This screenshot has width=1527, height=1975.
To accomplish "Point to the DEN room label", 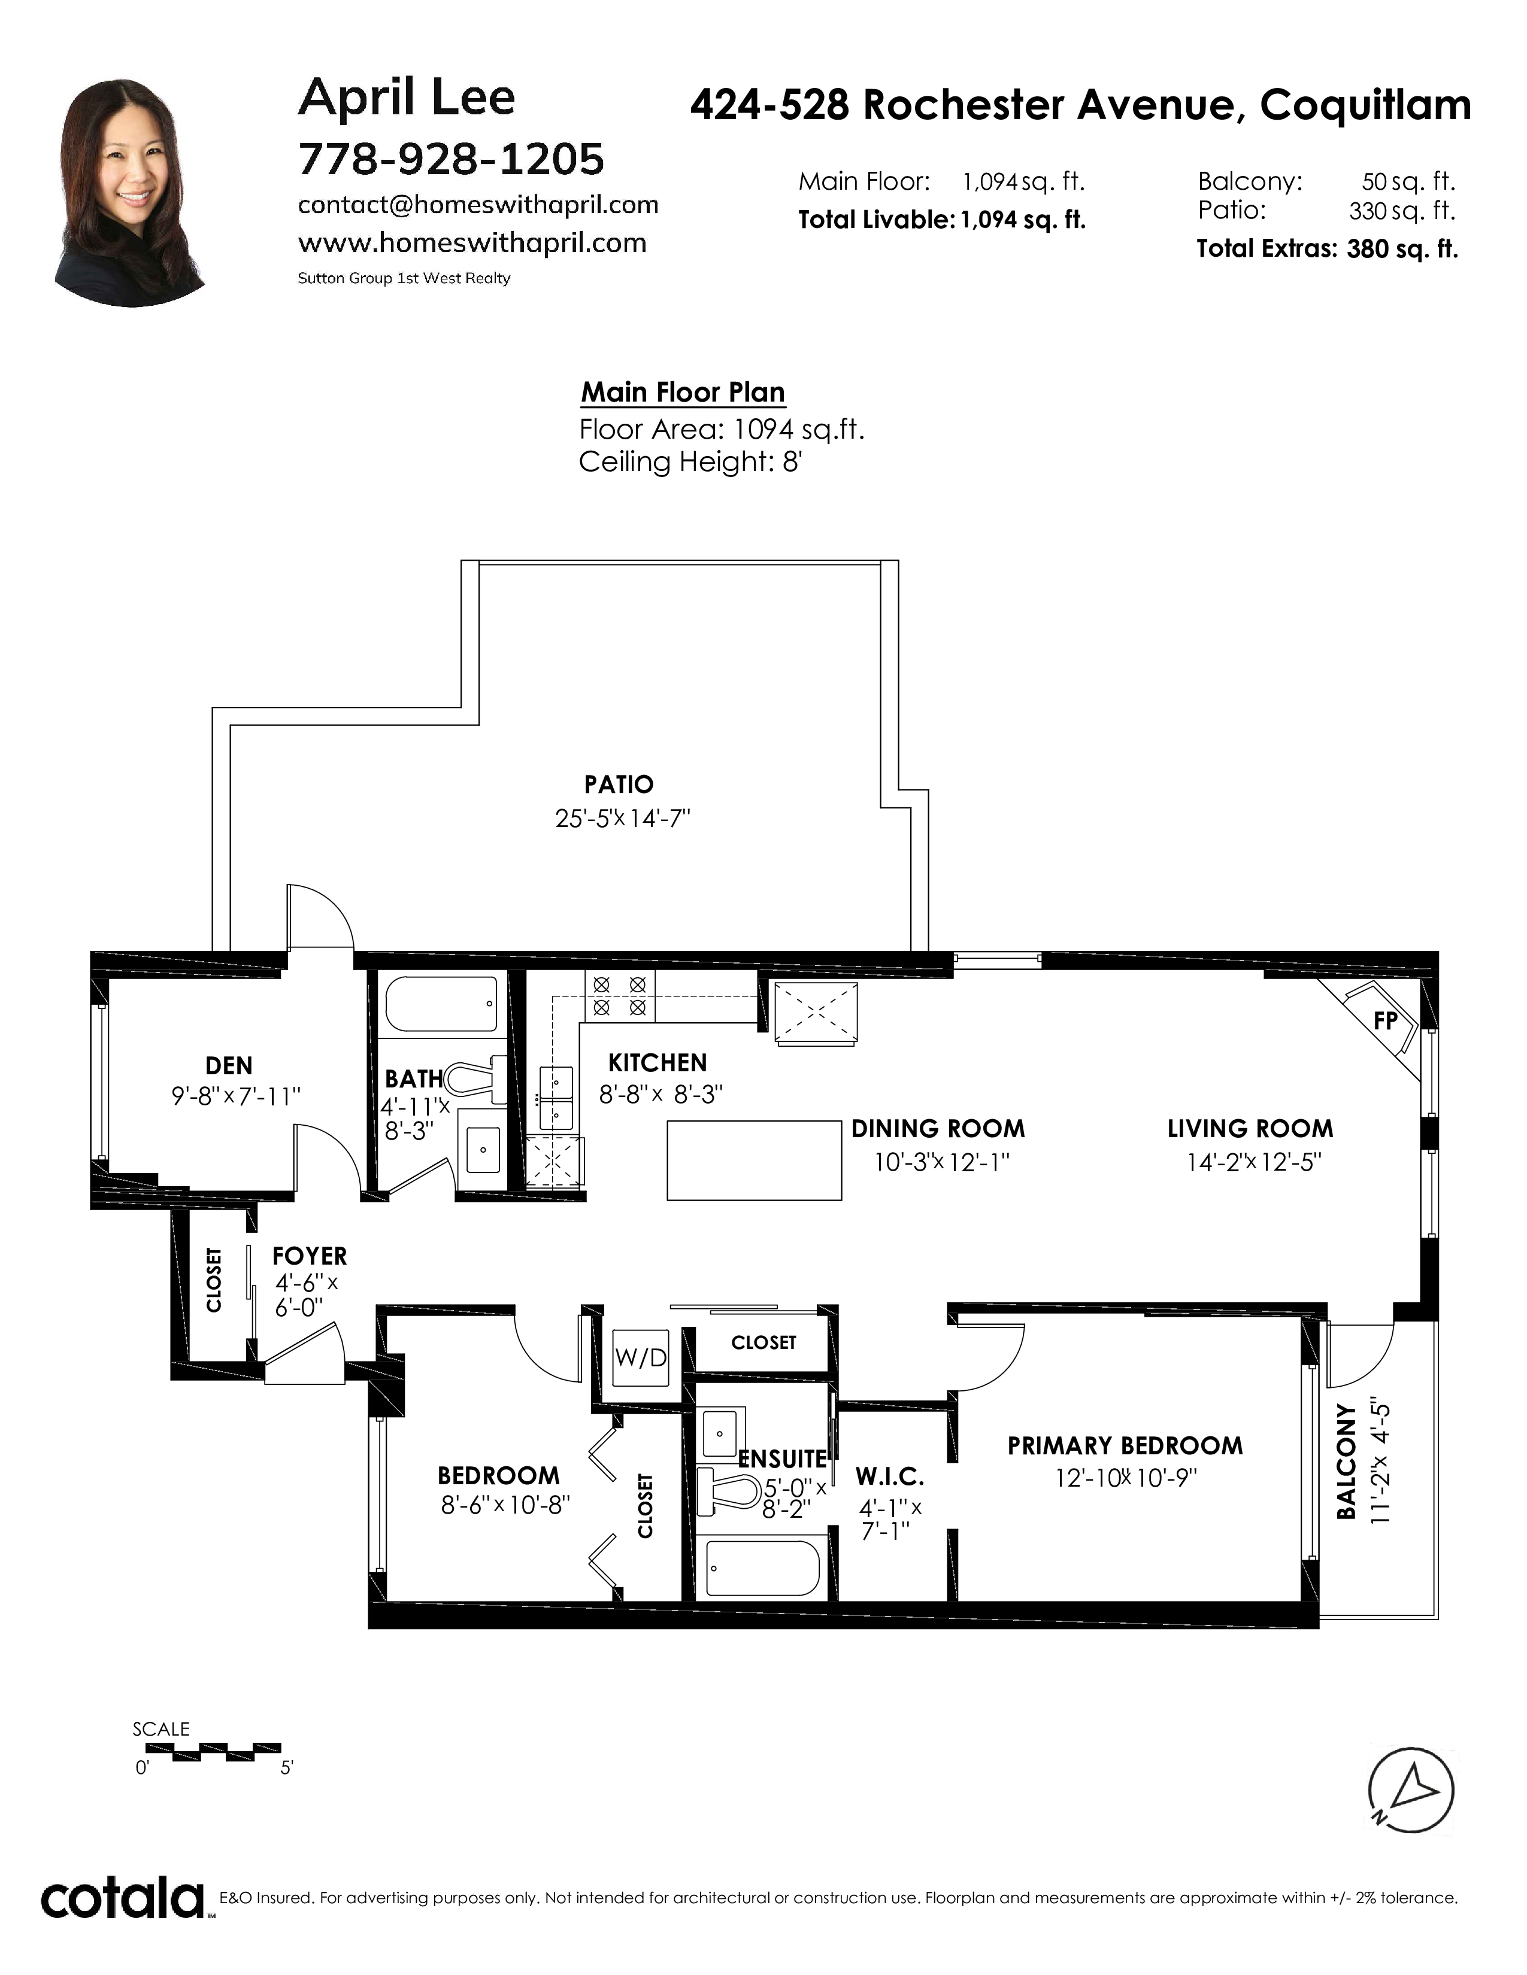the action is [x=229, y=1065].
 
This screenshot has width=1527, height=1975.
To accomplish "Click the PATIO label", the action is [x=619, y=784].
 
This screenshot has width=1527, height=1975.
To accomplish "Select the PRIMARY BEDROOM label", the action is [x=1125, y=1445].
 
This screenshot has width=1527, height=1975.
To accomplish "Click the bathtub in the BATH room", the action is [x=441, y=1004].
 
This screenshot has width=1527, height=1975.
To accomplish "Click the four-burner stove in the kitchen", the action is [x=620, y=995].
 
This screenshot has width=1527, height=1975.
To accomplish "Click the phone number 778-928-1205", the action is [x=450, y=159].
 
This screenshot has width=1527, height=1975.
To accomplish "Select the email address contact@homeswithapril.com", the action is [x=478, y=205].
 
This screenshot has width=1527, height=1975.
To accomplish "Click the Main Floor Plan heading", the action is [x=683, y=391].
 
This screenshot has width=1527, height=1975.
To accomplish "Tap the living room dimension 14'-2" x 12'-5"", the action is [x=1254, y=1162].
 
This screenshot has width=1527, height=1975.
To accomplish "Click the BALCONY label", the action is [x=1347, y=1461].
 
